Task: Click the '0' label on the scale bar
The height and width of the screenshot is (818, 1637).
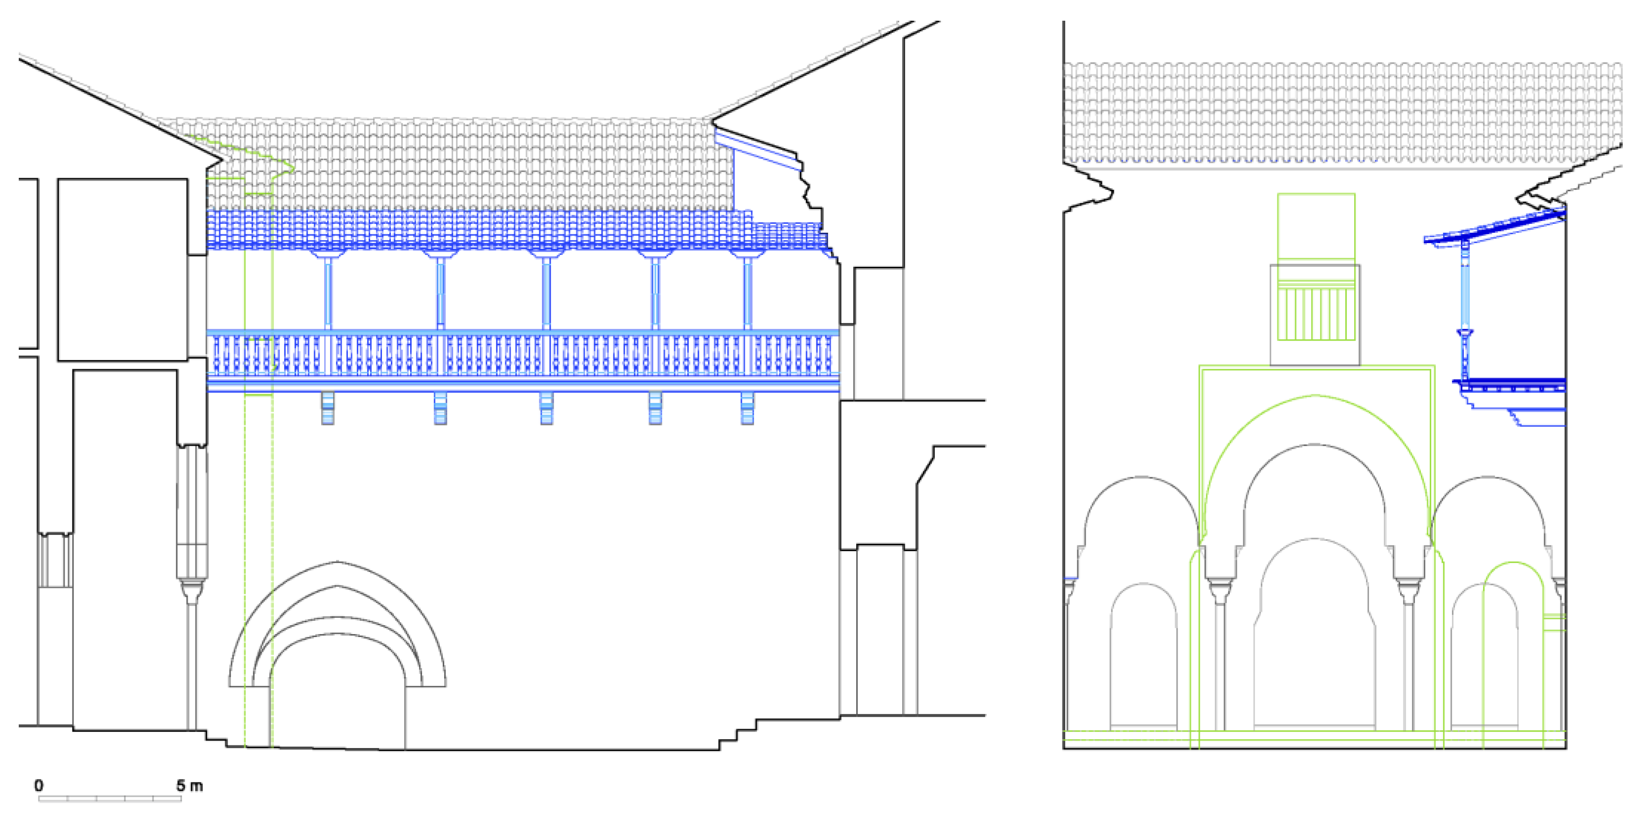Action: tap(39, 785)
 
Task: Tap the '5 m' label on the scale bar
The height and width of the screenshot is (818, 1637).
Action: tap(190, 785)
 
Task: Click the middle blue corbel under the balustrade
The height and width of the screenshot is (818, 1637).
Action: tap(546, 408)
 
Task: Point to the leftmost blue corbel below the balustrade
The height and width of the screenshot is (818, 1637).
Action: tap(328, 408)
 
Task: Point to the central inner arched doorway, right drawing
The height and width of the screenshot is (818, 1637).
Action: tap(1315, 641)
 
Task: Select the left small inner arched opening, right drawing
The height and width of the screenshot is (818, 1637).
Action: tap(1143, 661)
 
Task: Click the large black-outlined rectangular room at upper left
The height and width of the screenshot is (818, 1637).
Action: tap(123, 270)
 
